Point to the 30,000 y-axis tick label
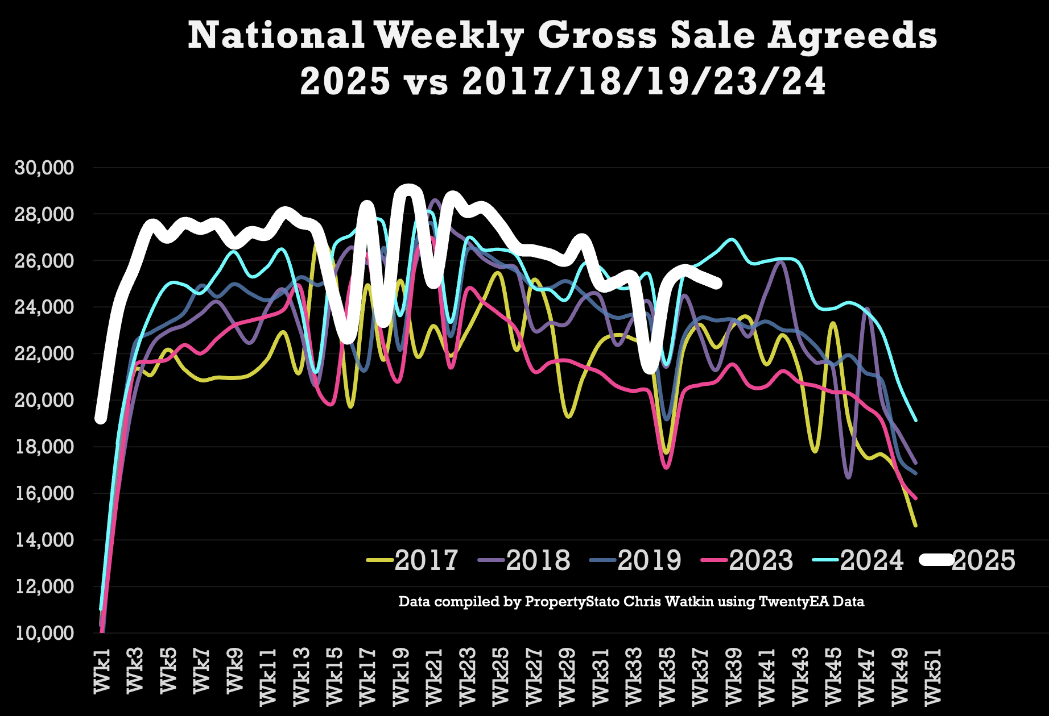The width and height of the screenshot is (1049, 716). (44, 168)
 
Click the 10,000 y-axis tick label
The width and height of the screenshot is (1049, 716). (44, 633)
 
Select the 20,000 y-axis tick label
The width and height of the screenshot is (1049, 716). (44, 400)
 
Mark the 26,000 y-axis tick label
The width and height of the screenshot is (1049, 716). (44, 261)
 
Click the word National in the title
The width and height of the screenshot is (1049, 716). (276, 35)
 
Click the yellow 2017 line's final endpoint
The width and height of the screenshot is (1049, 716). (915, 526)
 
